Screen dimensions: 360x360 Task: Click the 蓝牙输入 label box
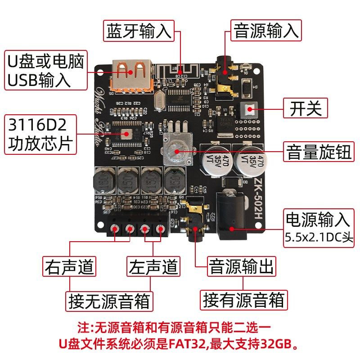tap(139, 31)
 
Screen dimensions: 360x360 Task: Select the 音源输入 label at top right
tap(266, 31)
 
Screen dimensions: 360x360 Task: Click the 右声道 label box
tap(69, 266)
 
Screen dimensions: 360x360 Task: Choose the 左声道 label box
tap(153, 266)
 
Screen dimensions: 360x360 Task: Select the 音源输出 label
tap(241, 266)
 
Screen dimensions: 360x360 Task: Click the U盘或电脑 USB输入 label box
tap(45, 70)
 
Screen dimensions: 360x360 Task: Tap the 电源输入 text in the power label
tap(318, 220)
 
